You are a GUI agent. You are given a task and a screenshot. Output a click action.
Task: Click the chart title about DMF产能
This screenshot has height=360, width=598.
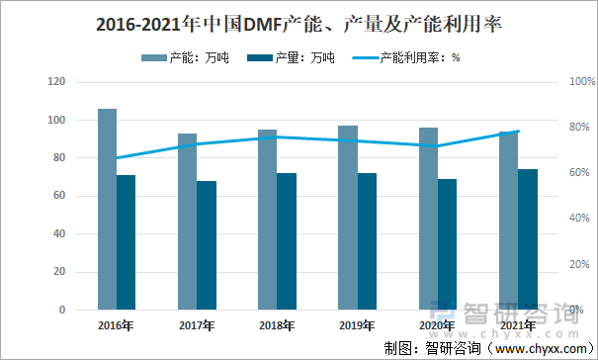[299, 24]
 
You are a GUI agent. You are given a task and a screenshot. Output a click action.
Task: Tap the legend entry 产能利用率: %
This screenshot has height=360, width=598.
[407, 57]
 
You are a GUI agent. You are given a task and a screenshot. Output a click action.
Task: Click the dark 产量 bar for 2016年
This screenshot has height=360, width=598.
[126, 242]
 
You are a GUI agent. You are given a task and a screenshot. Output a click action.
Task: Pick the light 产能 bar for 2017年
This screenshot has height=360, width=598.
[187, 222]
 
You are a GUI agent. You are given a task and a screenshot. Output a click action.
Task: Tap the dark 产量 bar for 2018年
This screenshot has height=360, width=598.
[286, 241]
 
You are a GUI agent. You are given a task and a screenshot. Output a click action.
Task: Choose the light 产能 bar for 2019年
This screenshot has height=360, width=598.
[348, 218]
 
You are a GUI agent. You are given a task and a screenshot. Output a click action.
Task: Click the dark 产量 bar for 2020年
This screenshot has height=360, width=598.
[447, 244]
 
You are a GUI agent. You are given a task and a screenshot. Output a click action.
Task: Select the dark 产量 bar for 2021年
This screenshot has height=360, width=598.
[527, 239]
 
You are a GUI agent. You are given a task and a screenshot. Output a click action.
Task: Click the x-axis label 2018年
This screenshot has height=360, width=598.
[277, 325]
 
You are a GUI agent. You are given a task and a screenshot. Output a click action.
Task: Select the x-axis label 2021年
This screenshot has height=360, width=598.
[518, 325]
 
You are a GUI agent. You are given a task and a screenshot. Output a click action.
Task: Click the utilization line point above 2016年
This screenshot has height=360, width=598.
[117, 158]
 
